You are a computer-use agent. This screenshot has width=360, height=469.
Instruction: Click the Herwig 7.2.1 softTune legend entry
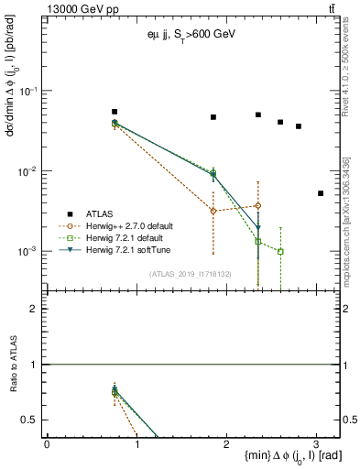coord(138,249)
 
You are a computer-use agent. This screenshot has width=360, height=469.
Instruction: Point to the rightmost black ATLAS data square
coord(320,193)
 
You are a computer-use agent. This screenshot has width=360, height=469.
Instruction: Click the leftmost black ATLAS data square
coord(115,112)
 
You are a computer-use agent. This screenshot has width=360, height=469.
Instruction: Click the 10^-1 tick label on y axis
coord(29,92)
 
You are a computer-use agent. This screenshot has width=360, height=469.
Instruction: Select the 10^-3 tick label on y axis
coord(29,251)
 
